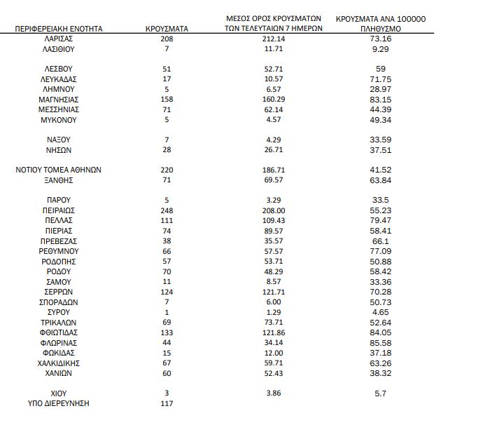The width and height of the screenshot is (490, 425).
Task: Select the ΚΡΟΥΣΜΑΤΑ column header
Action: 166,29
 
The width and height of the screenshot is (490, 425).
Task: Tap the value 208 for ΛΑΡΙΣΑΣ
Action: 167,39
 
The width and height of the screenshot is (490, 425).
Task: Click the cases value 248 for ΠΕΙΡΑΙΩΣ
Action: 167,210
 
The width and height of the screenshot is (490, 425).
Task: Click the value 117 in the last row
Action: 167,403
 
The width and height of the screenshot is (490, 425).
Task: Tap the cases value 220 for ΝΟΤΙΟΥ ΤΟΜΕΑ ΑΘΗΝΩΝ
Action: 167,170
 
